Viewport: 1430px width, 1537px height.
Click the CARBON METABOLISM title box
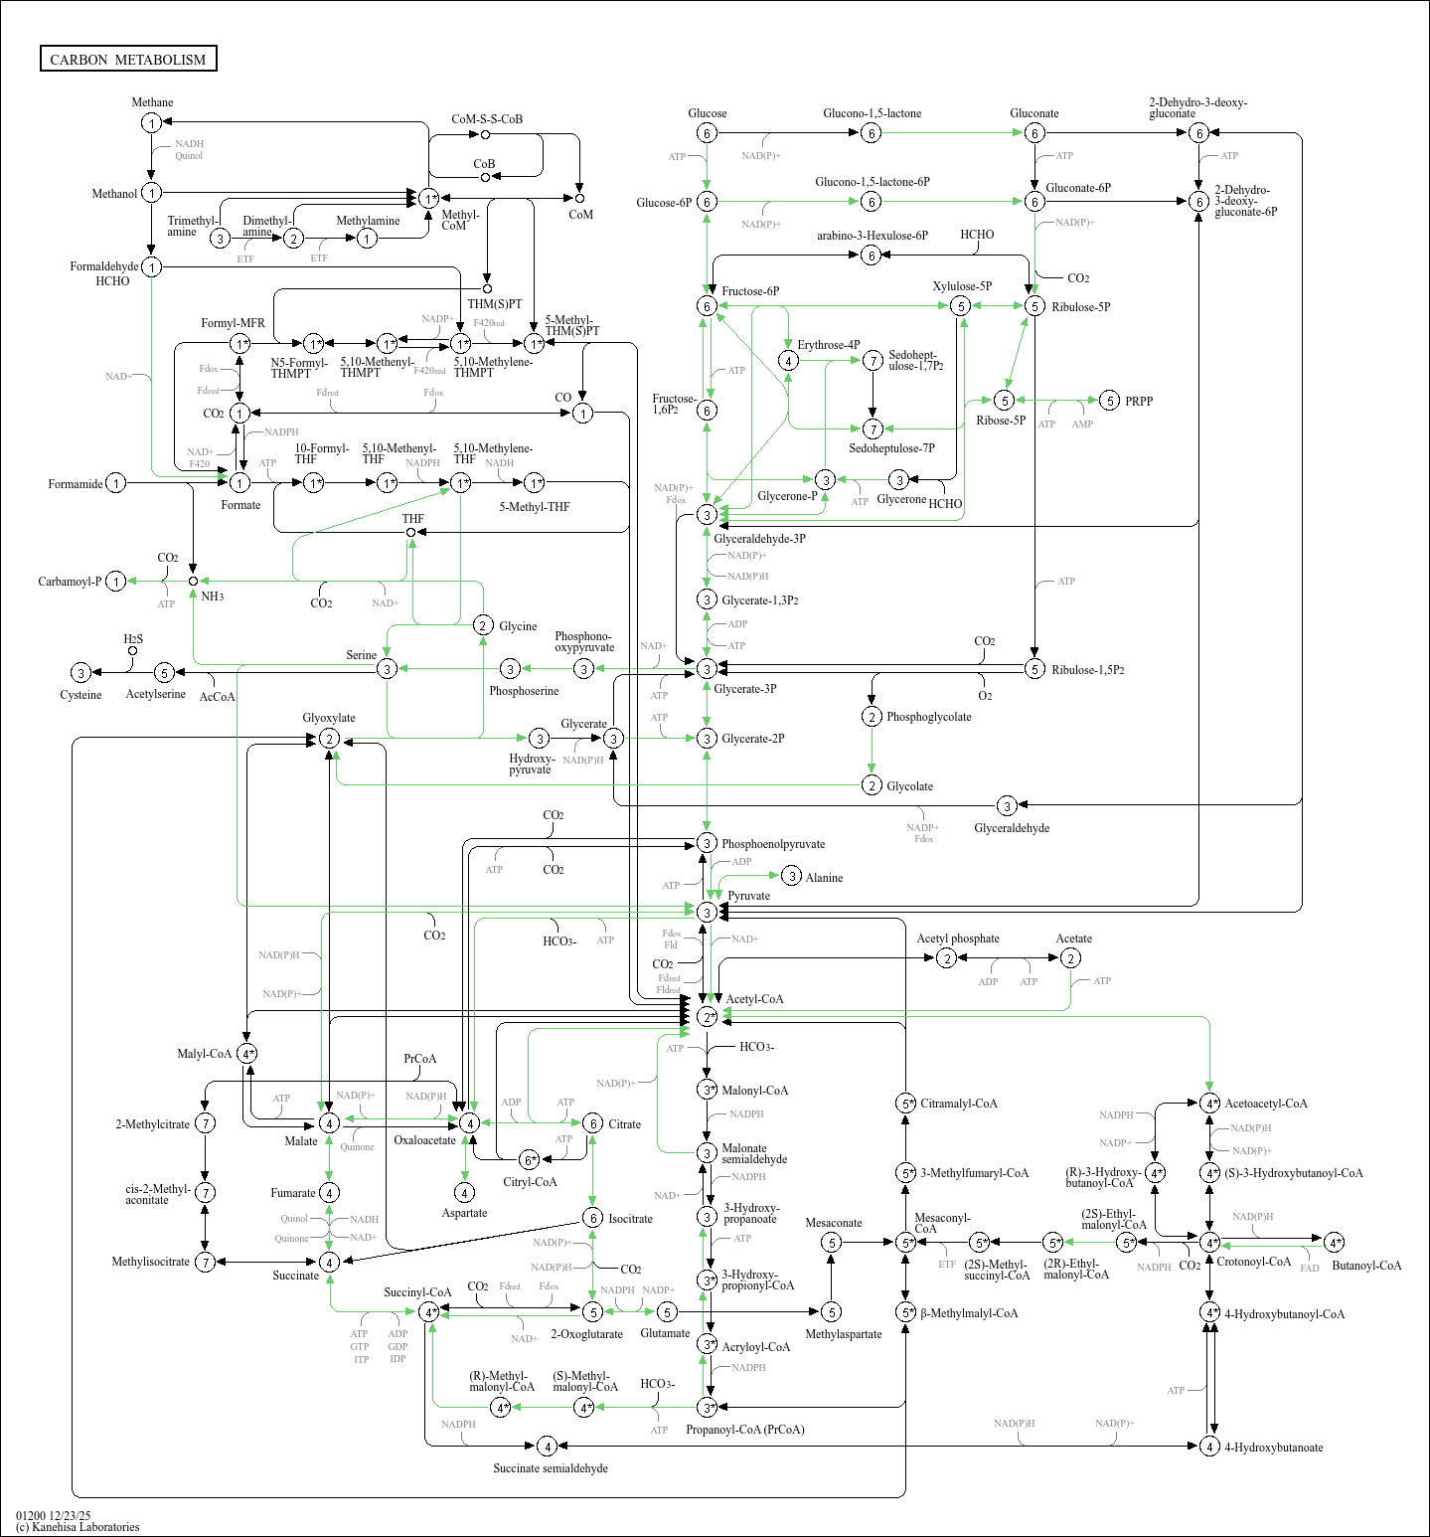128,59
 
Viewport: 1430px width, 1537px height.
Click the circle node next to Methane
151,123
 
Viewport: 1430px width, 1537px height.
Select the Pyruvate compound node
707,913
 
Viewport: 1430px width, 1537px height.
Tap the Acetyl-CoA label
754,999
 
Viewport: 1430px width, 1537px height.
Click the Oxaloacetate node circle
469,1123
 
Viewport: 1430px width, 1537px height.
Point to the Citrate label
624,1124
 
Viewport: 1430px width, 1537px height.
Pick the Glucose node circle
707,133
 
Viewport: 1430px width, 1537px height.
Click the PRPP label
1139,402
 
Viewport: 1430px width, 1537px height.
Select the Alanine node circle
791,876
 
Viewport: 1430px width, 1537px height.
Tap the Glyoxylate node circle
329,739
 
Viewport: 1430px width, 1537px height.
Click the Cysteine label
80,695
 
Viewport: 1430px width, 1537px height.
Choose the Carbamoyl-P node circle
116,582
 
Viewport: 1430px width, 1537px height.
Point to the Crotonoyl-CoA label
1253,1262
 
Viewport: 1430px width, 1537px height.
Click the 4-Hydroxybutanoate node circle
1209,1447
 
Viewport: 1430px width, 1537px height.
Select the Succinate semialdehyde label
551,1468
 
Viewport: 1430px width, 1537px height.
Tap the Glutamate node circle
667,1312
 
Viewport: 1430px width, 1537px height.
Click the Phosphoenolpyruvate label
773,844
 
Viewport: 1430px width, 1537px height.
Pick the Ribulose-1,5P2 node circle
1034,669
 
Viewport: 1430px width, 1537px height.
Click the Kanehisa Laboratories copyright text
78,1527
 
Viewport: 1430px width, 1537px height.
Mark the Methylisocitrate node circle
205,1262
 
